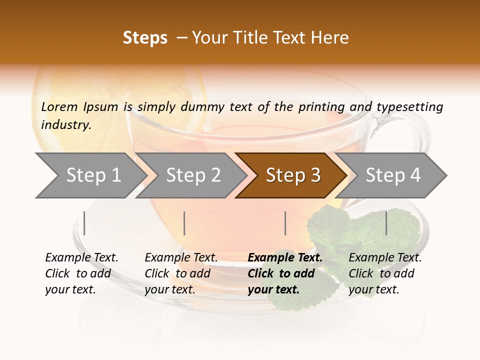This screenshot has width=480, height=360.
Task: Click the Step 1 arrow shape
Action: tap(90, 175)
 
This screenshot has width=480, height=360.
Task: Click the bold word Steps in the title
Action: tap(145, 38)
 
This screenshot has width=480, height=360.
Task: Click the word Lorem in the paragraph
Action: tap(59, 106)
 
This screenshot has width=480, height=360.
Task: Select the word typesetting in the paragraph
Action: tap(409, 106)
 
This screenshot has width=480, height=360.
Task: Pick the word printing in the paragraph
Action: tap(321, 106)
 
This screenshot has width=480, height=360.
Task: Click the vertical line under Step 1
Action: tap(84, 223)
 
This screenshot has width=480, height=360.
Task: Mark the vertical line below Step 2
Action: tap(184, 223)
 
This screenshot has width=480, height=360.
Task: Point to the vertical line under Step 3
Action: tap(285, 223)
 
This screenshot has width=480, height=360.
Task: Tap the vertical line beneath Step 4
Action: tap(386, 223)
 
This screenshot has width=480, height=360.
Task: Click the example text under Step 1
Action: tap(81, 273)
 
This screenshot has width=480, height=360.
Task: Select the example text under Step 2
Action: tap(181, 273)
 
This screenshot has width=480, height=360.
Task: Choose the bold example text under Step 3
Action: tap(284, 273)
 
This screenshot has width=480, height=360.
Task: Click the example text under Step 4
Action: tap(385, 273)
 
